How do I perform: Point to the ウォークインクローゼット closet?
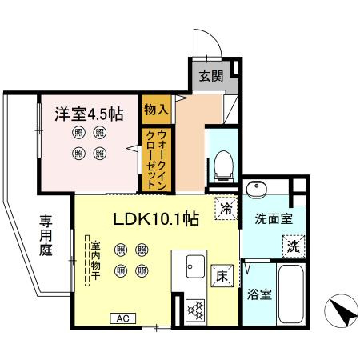(156, 159)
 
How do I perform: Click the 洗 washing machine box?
(294, 247)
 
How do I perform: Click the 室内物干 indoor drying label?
(95, 262)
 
